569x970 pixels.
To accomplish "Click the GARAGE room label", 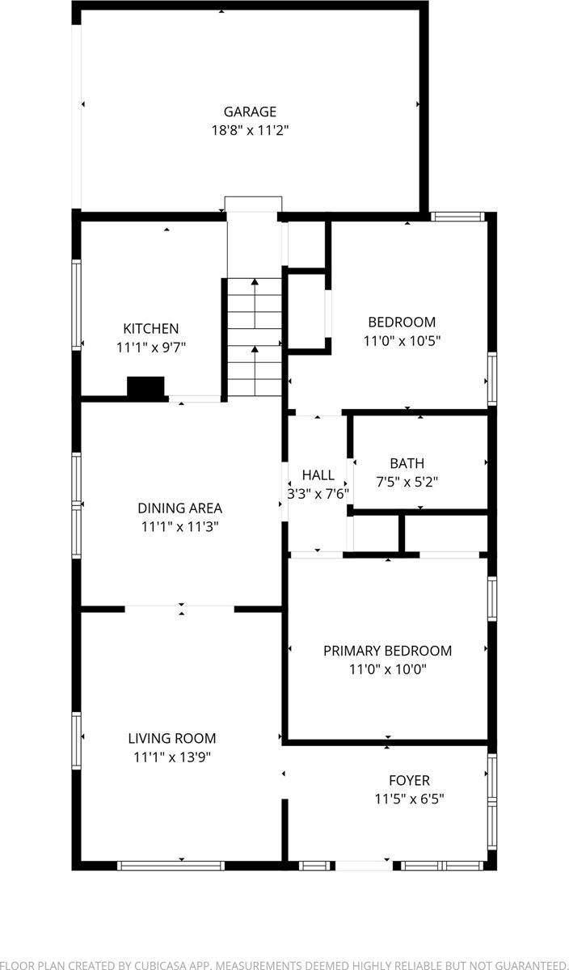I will pyautogui.click(x=250, y=112).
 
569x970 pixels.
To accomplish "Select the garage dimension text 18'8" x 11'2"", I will pyautogui.click(x=250, y=130).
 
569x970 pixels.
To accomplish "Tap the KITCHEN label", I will pyautogui.click(x=150, y=328).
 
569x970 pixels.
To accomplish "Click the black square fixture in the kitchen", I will pyautogui.click(x=145, y=387).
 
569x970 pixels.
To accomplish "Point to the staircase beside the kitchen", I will pyautogui.click(x=254, y=335).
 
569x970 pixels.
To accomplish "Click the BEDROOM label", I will pyautogui.click(x=402, y=322).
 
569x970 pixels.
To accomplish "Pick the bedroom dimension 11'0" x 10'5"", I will pyautogui.click(x=402, y=340).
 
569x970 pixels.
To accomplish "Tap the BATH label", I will pyautogui.click(x=407, y=463).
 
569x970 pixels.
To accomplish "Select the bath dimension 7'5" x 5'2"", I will pyautogui.click(x=407, y=482).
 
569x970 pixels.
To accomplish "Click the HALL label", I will pyautogui.click(x=318, y=474).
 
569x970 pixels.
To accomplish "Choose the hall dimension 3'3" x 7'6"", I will pyautogui.click(x=318, y=493).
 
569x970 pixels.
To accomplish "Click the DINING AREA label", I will pyautogui.click(x=179, y=508).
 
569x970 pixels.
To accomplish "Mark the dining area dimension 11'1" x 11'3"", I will pyautogui.click(x=179, y=526).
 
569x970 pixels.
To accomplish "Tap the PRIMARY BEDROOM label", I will pyautogui.click(x=387, y=651).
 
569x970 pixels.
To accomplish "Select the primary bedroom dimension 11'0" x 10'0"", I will pyautogui.click(x=387, y=669).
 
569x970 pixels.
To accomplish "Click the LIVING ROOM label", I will pyautogui.click(x=172, y=738).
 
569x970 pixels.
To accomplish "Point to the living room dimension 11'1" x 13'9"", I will pyautogui.click(x=172, y=757).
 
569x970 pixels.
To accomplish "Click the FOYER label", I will pyautogui.click(x=408, y=780).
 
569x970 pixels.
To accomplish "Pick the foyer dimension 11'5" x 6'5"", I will pyautogui.click(x=408, y=799).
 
